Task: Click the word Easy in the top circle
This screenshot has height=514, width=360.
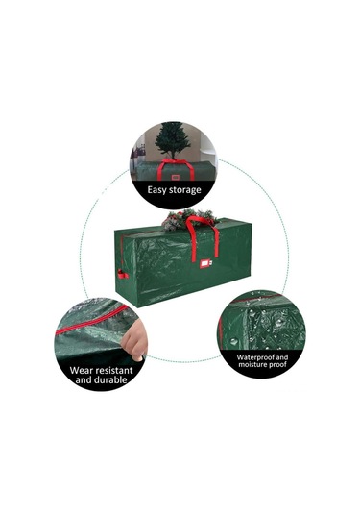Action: pyautogui.click(x=156, y=190)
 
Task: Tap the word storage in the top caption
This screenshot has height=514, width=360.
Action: pyautogui.click(x=184, y=190)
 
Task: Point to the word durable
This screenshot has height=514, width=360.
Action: pyautogui.click(x=109, y=379)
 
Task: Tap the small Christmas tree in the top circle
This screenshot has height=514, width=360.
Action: pyautogui.click(x=172, y=140)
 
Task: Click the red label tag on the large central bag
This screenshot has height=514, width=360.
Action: pyautogui.click(x=205, y=263)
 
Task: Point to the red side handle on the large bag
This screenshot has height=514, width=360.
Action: pyautogui.click(x=122, y=274)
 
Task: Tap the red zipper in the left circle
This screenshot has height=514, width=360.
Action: pyautogui.click(x=92, y=320)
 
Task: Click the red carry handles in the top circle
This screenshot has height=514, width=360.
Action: pyautogui.click(x=176, y=169)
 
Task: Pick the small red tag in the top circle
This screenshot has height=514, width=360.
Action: pyautogui.click(x=174, y=178)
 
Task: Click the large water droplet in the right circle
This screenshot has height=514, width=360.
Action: pyautogui.click(x=234, y=341)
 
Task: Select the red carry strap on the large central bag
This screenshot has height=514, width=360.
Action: pyautogui.click(x=203, y=237)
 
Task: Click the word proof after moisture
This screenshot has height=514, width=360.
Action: pyautogui.click(x=279, y=364)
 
